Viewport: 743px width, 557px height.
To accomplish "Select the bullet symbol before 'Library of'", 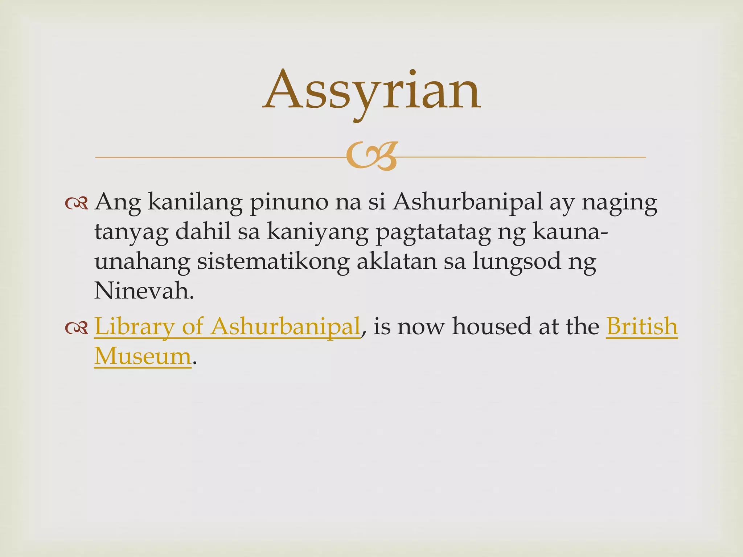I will pyautogui.click(x=77, y=328).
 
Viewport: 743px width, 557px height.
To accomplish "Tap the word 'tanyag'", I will pyautogui.click(x=131, y=232).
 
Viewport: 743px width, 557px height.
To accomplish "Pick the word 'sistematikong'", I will pyautogui.click(x=273, y=262).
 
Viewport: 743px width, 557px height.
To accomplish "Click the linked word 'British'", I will pyautogui.click(x=641, y=326).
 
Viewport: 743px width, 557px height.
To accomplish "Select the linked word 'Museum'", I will pyautogui.click(x=143, y=356).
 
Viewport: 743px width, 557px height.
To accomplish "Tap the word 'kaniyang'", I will pyautogui.click(x=317, y=232).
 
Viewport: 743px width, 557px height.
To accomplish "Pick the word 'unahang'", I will pyautogui.click(x=142, y=262).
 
